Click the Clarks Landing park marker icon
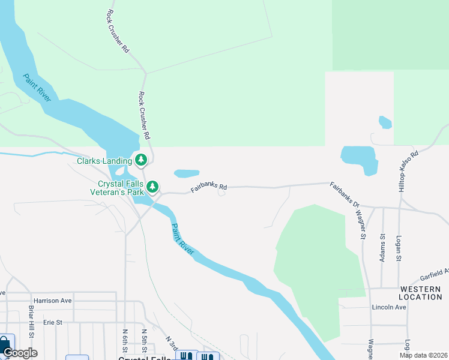pyautogui.click(x=141, y=160)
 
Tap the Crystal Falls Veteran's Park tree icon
pyautogui.click(x=152, y=187)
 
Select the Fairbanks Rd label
pyautogui.click(x=209, y=188)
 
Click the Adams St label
pyautogui.click(x=383, y=246)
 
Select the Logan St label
pyautogui.click(x=399, y=248)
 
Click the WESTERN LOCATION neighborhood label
pyautogui.click(x=420, y=293)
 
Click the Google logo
pyautogui.click(x=19, y=353)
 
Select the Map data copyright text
pyautogui.click(x=423, y=355)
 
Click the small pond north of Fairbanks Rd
pyautogui.click(x=187, y=173)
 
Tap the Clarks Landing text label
pyautogui.click(x=104, y=161)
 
